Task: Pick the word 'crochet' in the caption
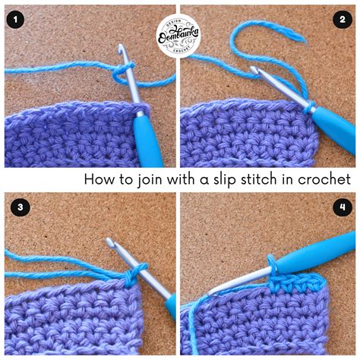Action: (329, 179)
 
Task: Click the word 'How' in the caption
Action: (98, 179)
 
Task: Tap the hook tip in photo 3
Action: (110, 243)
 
